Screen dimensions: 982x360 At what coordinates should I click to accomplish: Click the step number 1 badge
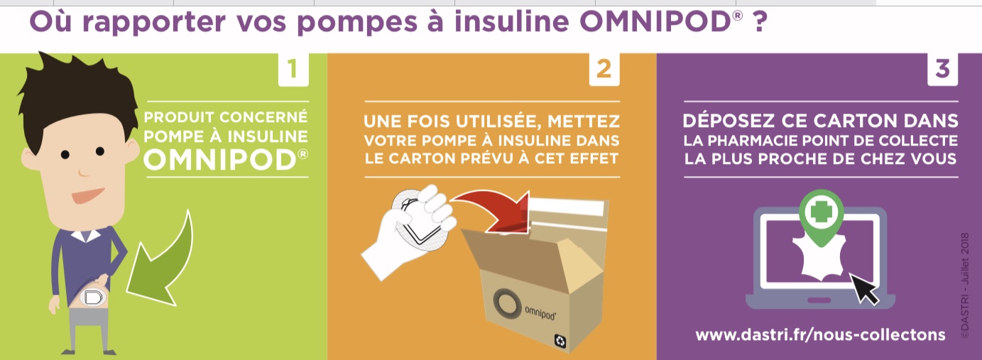[293, 69]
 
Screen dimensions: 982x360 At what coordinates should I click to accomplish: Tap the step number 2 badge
[604, 69]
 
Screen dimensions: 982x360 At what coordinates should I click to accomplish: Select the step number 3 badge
[942, 69]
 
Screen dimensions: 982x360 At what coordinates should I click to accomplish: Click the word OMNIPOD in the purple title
[655, 21]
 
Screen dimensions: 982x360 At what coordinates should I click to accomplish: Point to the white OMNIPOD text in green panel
[221, 160]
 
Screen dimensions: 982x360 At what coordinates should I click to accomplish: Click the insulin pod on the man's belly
[94, 298]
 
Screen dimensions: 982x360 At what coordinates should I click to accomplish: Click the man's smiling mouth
[87, 195]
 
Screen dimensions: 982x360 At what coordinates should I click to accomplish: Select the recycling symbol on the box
[560, 341]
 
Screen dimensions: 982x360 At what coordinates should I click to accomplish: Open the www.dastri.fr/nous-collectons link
[820, 335]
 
